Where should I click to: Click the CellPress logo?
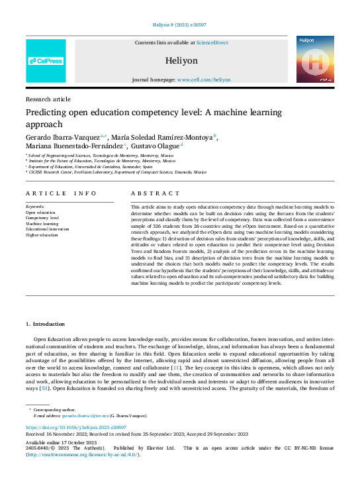(x=46, y=61)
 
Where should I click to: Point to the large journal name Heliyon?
(x=181, y=60)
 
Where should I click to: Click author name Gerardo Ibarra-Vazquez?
(x=63, y=137)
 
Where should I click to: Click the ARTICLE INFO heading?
(x=61, y=193)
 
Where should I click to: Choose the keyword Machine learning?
(x=42, y=223)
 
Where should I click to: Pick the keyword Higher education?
(x=42, y=235)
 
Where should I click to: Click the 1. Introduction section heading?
(x=45, y=324)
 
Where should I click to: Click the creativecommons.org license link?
(x=89, y=454)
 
